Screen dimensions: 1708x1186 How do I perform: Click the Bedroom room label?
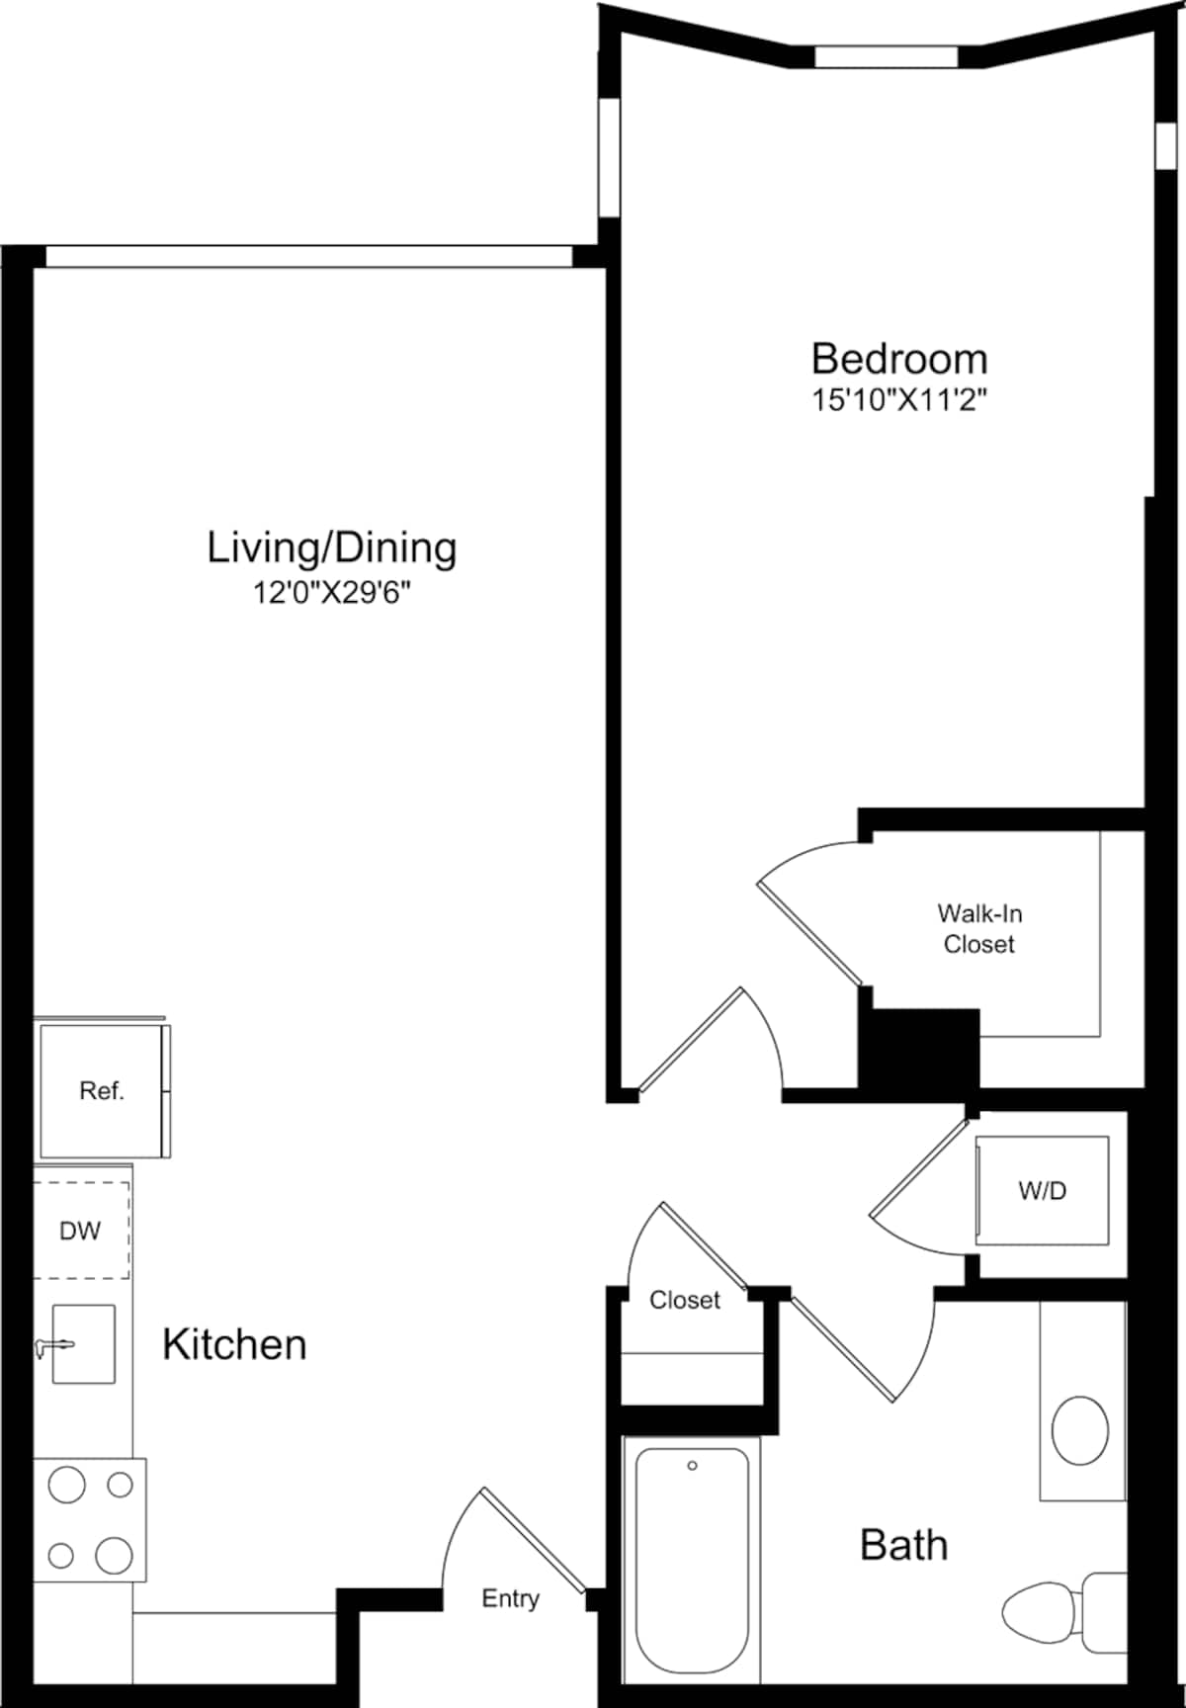click(898, 359)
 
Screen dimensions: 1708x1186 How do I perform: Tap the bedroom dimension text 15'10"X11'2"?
click(898, 400)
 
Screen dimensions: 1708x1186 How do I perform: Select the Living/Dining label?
click(331, 548)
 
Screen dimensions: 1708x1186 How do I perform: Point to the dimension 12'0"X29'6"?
click(331, 593)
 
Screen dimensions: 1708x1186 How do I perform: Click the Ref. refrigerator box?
click(102, 1091)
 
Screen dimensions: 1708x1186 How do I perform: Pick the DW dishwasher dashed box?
click(81, 1231)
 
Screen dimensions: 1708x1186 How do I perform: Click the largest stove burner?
click(114, 1555)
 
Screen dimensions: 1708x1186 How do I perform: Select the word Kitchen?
click(234, 1345)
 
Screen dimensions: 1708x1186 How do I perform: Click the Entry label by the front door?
click(510, 1598)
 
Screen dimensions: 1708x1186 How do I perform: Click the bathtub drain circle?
click(692, 1466)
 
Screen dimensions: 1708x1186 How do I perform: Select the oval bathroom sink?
click(1079, 1430)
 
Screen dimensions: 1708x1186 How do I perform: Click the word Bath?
click(903, 1545)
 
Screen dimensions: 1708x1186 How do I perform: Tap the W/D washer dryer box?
click(1042, 1191)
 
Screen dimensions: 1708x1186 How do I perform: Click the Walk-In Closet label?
click(978, 929)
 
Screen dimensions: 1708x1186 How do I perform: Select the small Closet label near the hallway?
click(684, 1301)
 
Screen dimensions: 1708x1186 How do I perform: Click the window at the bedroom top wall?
click(886, 57)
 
